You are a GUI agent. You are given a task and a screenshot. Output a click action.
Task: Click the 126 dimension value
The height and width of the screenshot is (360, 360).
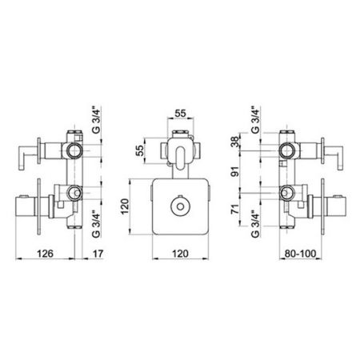pos(45,254)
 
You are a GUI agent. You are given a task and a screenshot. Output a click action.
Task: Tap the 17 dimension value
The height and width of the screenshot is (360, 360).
pos(98,254)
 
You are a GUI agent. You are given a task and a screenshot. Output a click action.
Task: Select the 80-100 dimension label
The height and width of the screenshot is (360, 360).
pos(300,254)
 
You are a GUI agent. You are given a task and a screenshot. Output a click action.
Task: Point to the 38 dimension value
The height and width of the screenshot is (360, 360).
pos(235,142)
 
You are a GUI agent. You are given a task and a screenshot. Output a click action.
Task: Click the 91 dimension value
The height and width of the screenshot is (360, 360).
pos(235,171)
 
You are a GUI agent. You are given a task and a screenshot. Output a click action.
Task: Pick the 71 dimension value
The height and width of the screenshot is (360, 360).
pos(235,209)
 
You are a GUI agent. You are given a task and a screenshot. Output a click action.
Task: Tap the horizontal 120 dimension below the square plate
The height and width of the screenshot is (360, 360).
pos(180,254)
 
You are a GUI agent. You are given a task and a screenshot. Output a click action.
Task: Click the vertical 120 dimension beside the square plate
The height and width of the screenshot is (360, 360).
pos(125,206)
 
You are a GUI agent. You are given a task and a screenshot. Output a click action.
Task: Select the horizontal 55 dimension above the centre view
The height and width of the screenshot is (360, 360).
pos(180,114)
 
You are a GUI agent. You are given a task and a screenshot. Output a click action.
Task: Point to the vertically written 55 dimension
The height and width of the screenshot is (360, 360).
pos(139,150)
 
